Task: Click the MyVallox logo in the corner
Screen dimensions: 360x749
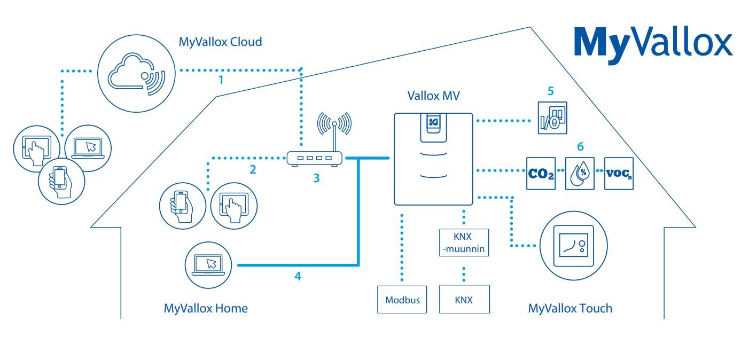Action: [x=653, y=43]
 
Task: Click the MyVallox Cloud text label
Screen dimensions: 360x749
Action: [x=221, y=41]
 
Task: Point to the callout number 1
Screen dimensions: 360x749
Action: [x=220, y=80]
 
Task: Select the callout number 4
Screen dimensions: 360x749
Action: [x=298, y=276]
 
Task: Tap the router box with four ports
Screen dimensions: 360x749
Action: [x=313, y=159]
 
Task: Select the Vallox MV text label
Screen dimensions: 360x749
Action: [x=434, y=97]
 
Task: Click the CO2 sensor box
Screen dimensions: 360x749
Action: [x=541, y=173]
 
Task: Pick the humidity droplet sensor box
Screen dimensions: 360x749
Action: [x=580, y=173]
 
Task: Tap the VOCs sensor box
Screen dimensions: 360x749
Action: [x=619, y=173]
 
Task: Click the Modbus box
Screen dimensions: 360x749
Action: [x=402, y=299]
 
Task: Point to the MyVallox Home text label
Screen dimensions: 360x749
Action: [x=206, y=308]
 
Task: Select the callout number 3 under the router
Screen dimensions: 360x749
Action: [x=316, y=178]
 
